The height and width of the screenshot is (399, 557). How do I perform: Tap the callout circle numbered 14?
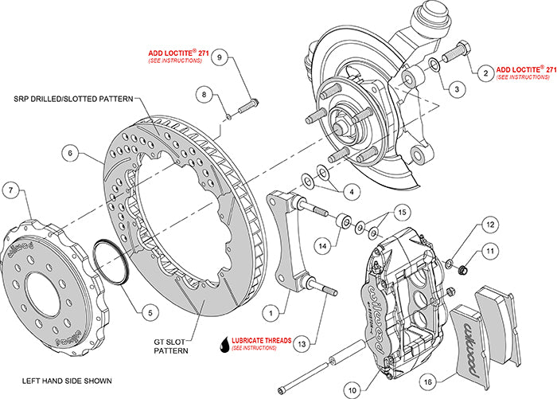[323, 244]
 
